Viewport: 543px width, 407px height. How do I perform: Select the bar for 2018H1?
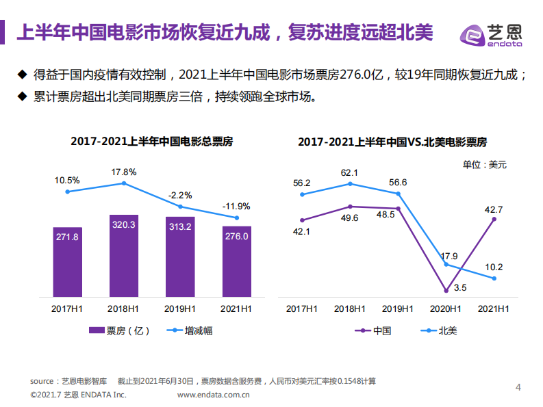[x=124, y=254]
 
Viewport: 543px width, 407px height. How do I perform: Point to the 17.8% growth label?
[x=124, y=172]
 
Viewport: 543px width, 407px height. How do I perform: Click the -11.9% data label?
[x=236, y=206]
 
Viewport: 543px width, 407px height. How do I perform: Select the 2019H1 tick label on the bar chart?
[x=180, y=308]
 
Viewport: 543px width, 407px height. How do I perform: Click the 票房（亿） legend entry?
[x=120, y=330]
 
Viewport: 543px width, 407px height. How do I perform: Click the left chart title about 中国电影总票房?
[x=151, y=142]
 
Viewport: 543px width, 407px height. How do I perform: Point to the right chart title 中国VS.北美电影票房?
[x=392, y=142]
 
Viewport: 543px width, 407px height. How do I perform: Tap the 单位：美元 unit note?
[x=484, y=164]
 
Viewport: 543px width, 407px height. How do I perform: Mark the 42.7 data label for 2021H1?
[x=494, y=209]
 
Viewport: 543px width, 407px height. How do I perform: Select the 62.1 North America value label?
[x=350, y=172]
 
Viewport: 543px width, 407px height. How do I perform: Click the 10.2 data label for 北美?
[x=493, y=267]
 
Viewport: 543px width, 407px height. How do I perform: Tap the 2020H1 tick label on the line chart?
[x=445, y=308]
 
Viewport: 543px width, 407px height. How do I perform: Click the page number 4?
[x=518, y=388]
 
